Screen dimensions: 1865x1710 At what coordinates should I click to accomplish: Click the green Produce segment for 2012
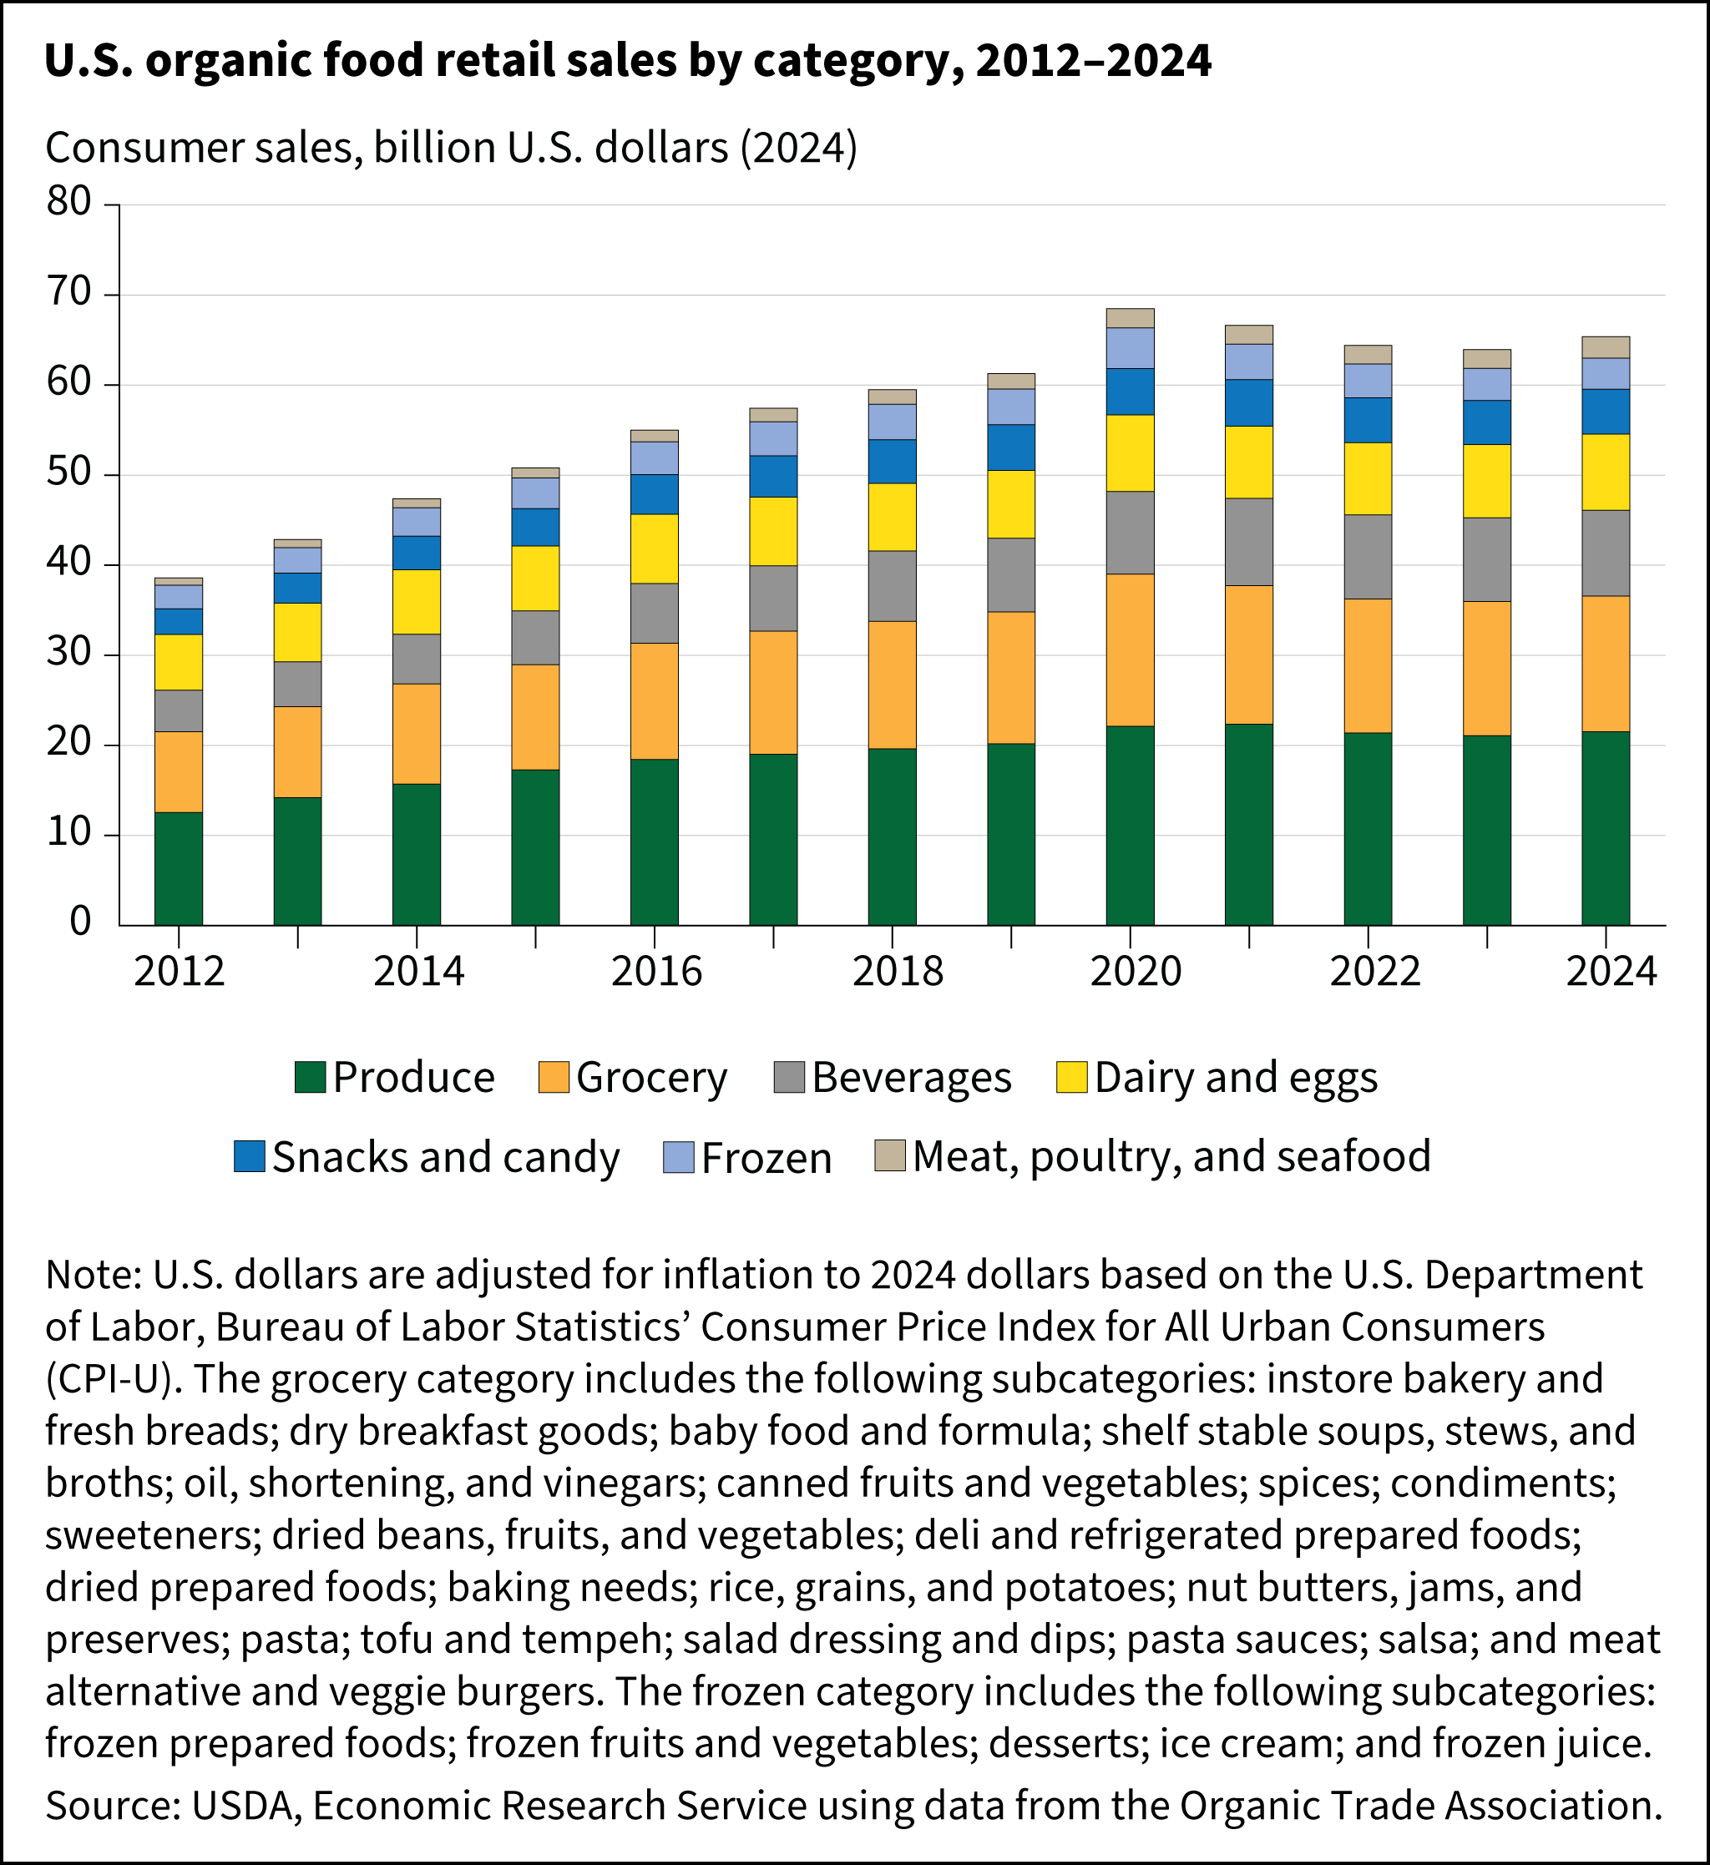pos(179,867)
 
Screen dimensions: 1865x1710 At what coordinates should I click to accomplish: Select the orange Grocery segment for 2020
pos(1130,649)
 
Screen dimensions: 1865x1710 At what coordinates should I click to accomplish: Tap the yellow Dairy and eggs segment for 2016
pos(655,548)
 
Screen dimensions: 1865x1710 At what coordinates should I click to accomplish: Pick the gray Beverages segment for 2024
pos(1606,553)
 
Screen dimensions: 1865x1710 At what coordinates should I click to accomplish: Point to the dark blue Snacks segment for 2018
pos(892,461)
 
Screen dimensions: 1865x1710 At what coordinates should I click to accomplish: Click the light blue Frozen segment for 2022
pos(1368,380)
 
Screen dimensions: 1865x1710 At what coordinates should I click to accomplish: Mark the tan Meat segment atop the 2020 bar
pos(1130,318)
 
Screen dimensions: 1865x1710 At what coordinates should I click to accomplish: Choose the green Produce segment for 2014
pos(417,854)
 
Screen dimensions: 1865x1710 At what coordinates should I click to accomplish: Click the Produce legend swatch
pos(310,1078)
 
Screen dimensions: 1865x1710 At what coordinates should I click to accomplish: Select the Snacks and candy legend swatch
pos(250,1156)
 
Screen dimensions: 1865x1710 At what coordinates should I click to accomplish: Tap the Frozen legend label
pos(766,1158)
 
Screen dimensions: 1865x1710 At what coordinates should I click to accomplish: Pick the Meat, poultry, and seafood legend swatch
pos(889,1155)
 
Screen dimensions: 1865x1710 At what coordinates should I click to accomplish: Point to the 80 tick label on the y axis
pos(69,202)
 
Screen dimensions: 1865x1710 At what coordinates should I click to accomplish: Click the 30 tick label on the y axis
pos(69,653)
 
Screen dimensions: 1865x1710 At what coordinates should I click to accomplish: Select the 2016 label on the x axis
pos(656,972)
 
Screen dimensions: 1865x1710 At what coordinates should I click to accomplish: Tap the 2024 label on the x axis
pos(1611,972)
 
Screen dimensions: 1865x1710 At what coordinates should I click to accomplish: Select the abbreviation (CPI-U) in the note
pos(109,1379)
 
